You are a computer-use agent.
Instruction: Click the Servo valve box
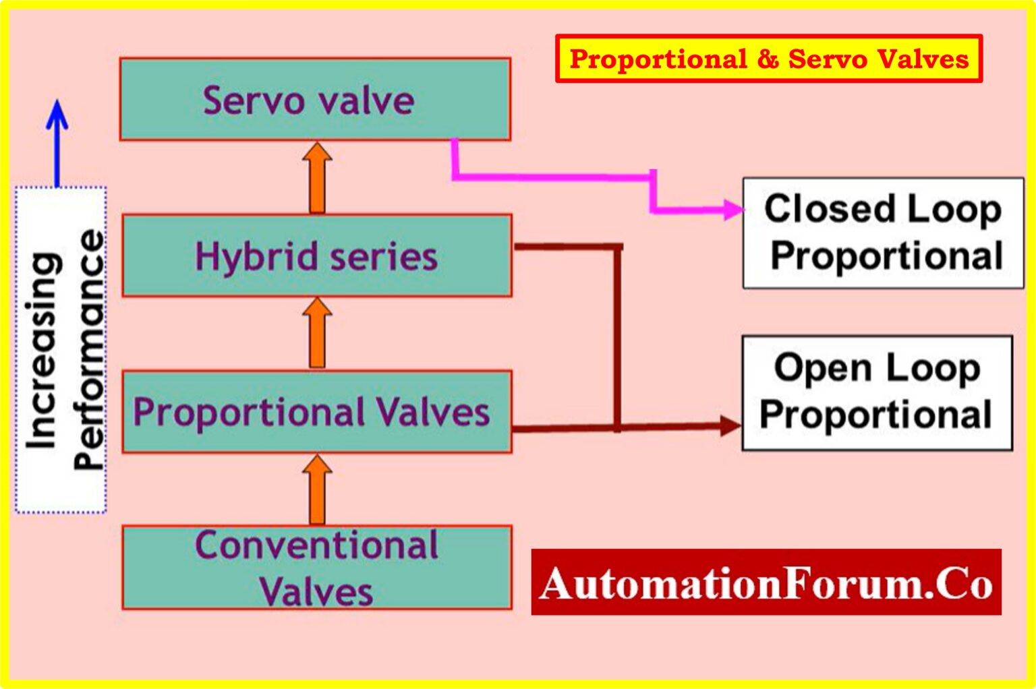(x=315, y=99)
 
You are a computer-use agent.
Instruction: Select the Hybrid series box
(x=316, y=256)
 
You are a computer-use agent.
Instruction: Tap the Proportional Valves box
(x=316, y=411)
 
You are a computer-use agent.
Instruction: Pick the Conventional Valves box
(x=316, y=568)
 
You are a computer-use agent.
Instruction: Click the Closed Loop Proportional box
(x=883, y=233)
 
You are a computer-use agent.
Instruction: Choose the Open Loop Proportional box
(x=877, y=392)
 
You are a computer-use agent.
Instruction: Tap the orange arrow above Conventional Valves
(x=317, y=489)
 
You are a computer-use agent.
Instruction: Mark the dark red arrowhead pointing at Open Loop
(x=730, y=425)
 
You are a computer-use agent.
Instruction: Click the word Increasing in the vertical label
(x=42, y=351)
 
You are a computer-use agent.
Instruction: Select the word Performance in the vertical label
(x=89, y=351)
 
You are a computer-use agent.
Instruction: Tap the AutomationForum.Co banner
(x=766, y=582)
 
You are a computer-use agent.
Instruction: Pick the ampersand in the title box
(x=768, y=59)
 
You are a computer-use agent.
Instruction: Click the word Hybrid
(x=256, y=257)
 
